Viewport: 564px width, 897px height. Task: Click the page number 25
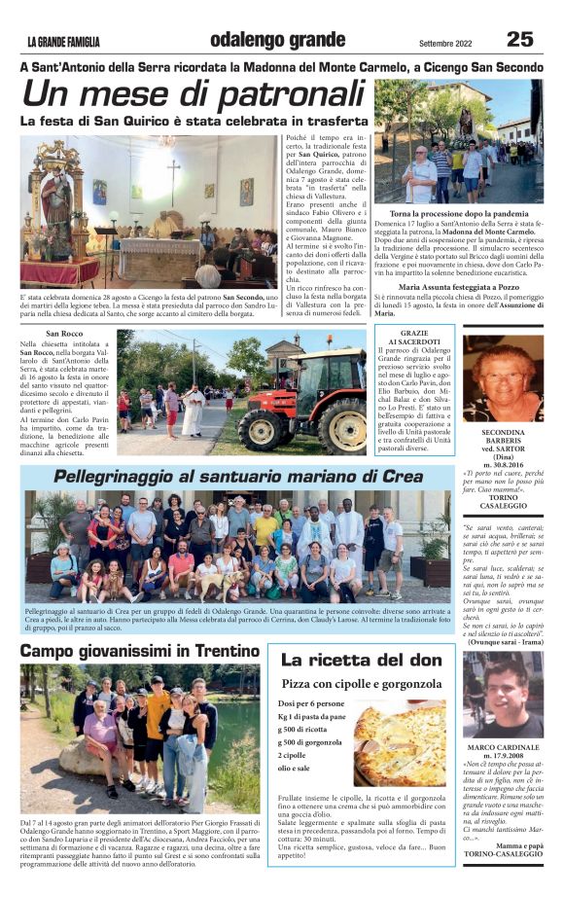click(519, 39)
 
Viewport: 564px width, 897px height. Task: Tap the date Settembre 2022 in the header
click(451, 43)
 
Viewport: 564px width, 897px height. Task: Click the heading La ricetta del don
click(361, 660)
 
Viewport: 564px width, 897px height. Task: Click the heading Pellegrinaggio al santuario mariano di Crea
click(238, 477)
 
